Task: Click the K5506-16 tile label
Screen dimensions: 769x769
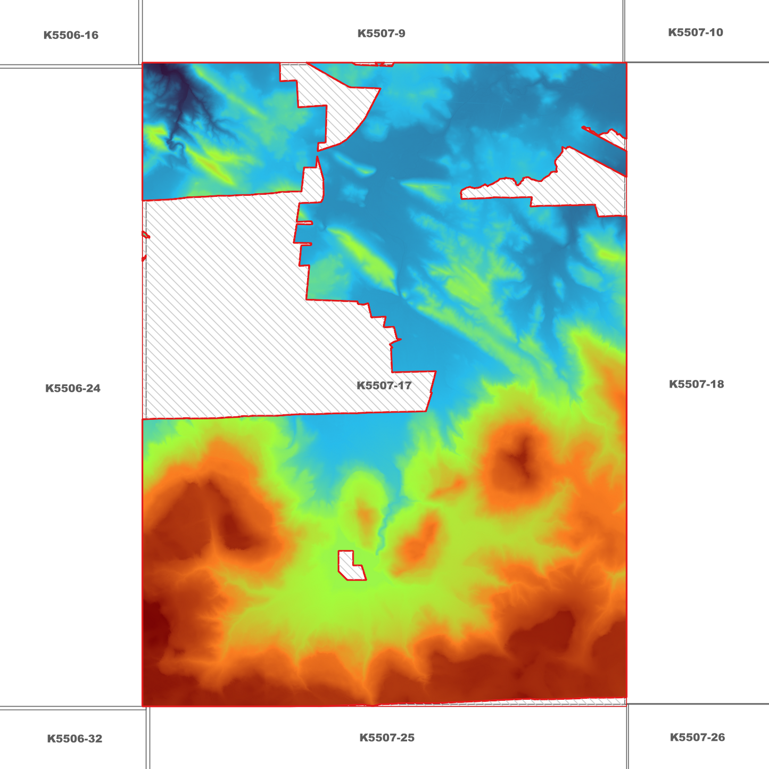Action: [x=71, y=35]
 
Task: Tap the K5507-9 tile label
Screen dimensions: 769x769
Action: [x=381, y=34]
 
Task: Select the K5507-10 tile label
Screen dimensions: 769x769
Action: [x=695, y=32]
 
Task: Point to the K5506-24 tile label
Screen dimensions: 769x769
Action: [x=73, y=388]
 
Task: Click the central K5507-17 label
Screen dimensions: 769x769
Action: [x=384, y=385]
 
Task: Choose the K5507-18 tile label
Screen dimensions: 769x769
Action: [x=696, y=384]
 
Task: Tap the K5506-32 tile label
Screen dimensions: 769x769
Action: [x=75, y=739]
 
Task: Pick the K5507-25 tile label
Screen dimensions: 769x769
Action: [x=386, y=738]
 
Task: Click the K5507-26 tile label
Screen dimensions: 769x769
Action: [x=697, y=737]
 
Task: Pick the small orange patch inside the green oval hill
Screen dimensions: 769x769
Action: [x=366, y=515]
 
